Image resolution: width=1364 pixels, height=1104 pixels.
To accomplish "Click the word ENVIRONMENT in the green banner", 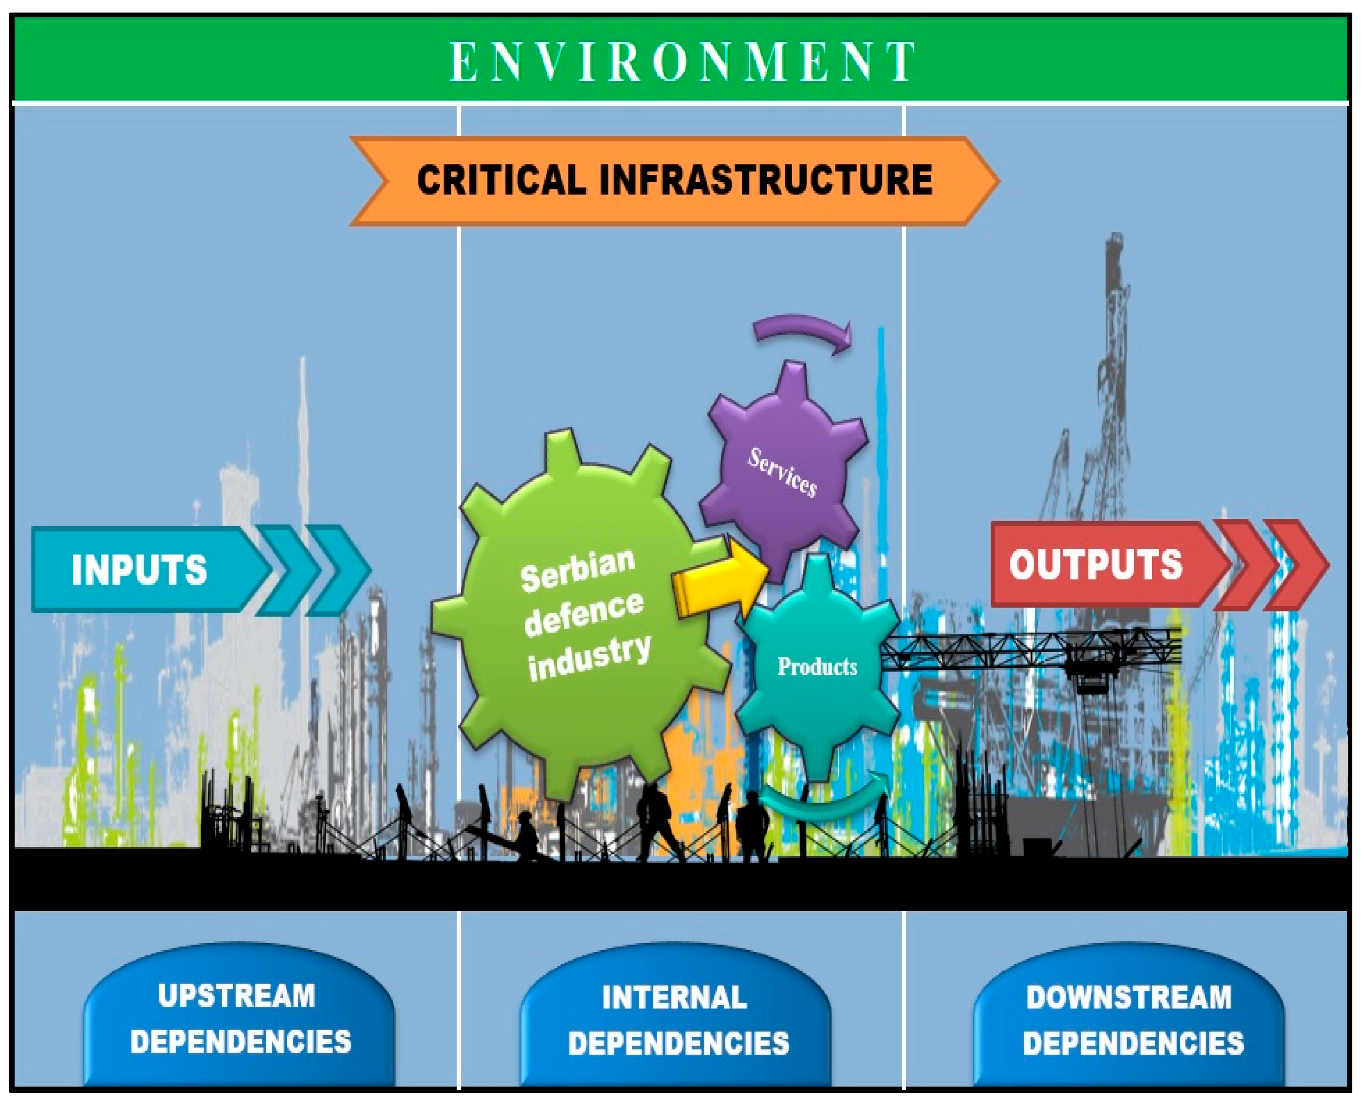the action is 682,62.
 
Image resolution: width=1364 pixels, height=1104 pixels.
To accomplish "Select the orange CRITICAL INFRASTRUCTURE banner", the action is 674,181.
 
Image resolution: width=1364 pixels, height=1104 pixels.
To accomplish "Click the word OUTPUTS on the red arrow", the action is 1096,564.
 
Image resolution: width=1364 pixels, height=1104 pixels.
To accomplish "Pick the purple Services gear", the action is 783,470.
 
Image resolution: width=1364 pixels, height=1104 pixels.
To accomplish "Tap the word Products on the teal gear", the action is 817,666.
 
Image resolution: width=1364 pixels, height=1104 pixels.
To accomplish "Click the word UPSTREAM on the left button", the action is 236,996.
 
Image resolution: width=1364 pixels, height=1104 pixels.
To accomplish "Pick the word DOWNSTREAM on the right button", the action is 1129,997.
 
